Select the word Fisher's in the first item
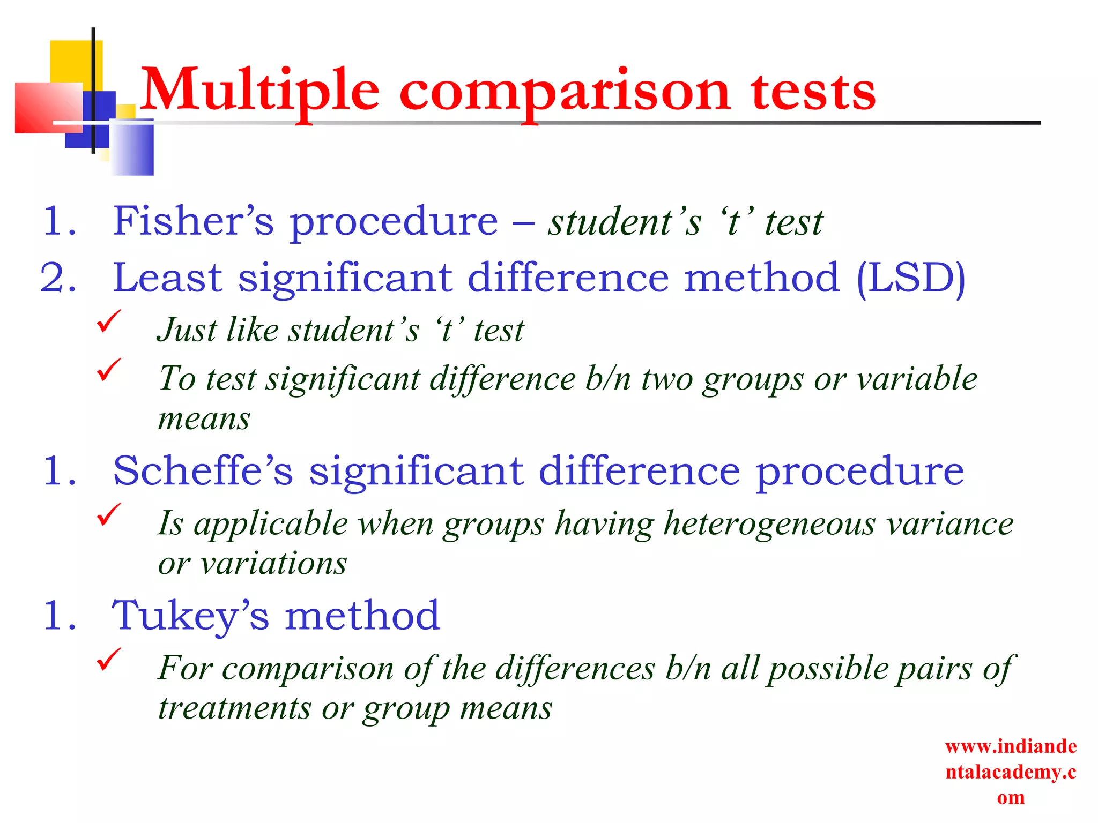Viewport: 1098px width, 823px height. (x=193, y=221)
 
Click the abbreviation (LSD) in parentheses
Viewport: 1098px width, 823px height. (x=910, y=278)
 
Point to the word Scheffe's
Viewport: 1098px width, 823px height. (x=203, y=470)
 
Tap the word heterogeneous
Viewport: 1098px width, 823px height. (x=770, y=523)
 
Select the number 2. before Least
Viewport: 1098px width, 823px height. (x=58, y=278)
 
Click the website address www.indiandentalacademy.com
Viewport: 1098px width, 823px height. (x=1011, y=772)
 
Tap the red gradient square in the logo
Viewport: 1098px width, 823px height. (x=48, y=107)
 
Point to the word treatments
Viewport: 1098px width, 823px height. (x=234, y=708)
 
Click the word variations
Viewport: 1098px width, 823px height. (x=274, y=564)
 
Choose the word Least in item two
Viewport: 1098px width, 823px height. (x=168, y=278)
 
